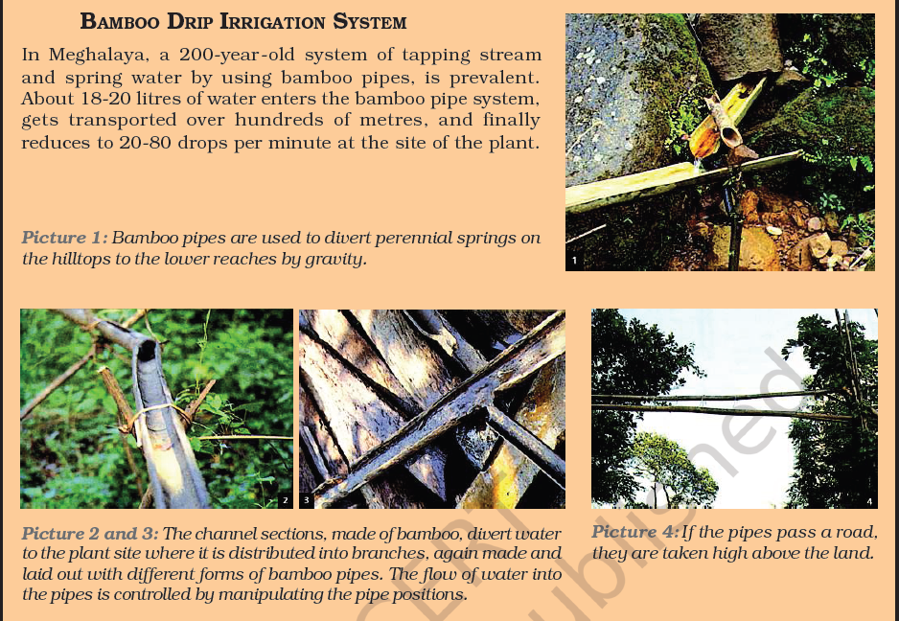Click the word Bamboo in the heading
tap(121, 22)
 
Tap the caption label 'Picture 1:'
tap(65, 238)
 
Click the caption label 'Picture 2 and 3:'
tap(90, 533)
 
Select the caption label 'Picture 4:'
tap(635, 532)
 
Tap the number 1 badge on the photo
tap(574, 261)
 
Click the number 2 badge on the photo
tap(285, 500)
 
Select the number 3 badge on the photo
tap(306, 500)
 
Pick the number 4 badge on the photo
tap(869, 501)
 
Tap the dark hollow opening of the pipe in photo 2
tap(147, 350)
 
